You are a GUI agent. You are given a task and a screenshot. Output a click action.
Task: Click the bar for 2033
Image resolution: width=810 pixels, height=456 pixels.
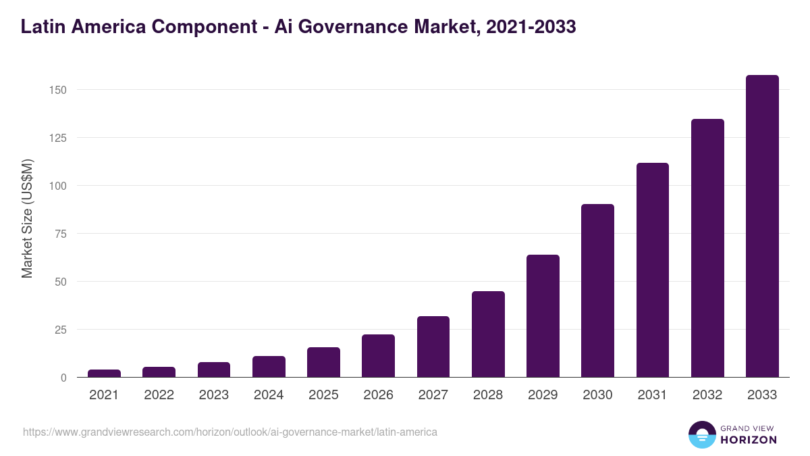tap(762, 226)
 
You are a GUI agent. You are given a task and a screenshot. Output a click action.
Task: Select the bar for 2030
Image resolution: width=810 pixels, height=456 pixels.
tap(597, 290)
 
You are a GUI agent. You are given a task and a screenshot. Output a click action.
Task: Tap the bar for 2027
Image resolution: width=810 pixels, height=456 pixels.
tap(433, 347)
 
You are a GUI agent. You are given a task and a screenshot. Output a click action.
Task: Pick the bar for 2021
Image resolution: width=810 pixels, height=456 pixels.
tap(104, 374)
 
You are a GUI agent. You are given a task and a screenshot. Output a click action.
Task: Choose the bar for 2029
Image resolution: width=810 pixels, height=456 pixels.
tap(543, 316)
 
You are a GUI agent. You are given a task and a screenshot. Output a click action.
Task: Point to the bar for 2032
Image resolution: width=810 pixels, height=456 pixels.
tap(707, 248)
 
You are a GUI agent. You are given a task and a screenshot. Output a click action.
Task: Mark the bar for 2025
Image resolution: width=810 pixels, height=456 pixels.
tap(323, 362)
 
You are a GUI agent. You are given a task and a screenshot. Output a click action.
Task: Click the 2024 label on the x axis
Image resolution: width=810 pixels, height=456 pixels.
tap(269, 395)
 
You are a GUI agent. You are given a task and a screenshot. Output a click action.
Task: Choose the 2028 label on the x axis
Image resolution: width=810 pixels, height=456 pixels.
tap(488, 395)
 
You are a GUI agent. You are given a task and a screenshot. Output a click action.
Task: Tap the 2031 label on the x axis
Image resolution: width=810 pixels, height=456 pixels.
tap(652, 395)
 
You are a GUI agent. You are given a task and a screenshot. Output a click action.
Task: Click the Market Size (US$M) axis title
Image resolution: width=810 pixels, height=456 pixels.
tap(27, 219)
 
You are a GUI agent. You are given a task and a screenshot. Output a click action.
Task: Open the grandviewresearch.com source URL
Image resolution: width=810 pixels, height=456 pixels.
tap(230, 432)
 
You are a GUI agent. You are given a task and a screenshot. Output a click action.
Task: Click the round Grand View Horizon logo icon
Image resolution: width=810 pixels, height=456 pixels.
tap(701, 434)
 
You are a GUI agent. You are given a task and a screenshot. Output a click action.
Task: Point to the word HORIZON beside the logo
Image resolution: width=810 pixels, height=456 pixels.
tap(747, 440)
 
